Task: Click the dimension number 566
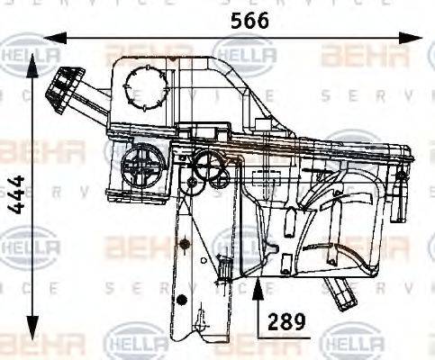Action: point(250,21)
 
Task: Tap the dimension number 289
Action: point(283,320)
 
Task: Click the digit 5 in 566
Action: point(235,21)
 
